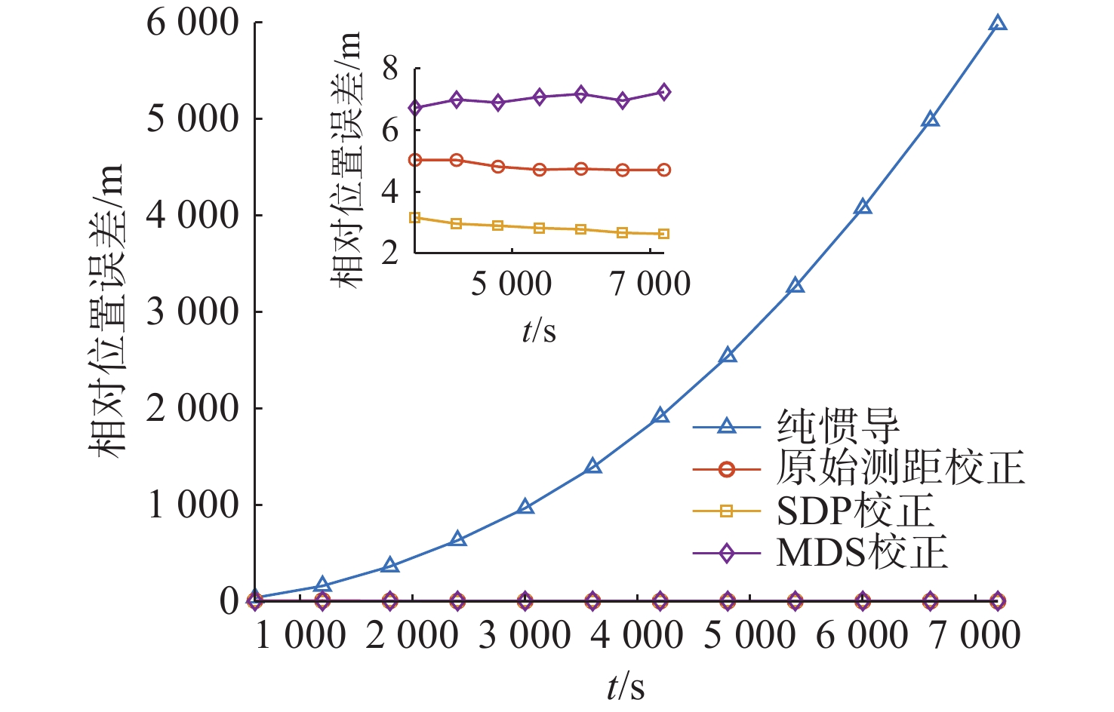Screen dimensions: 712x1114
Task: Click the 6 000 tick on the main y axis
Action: (x=192, y=23)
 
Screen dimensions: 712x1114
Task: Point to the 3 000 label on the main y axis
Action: (x=192, y=311)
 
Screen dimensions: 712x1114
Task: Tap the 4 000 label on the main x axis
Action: (x=636, y=635)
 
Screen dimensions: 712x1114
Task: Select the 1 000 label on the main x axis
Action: (x=300, y=635)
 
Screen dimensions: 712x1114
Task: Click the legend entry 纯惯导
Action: (x=838, y=427)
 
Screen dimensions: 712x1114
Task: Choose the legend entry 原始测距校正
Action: (x=900, y=468)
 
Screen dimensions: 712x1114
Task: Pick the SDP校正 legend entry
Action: (x=855, y=511)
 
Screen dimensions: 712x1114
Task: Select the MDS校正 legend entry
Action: (x=862, y=554)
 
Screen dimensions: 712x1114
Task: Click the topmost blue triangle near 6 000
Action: (x=998, y=23)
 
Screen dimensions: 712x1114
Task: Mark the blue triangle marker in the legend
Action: (x=726, y=427)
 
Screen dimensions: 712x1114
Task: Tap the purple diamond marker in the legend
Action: (x=726, y=554)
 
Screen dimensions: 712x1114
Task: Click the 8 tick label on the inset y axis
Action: (x=390, y=69)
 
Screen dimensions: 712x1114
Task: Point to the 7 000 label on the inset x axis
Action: (x=650, y=284)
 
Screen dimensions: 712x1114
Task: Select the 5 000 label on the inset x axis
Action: (x=511, y=284)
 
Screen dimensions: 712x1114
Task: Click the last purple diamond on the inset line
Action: (x=663, y=92)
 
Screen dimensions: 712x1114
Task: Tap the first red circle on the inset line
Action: (x=415, y=160)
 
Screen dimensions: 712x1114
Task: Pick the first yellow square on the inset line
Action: (x=415, y=218)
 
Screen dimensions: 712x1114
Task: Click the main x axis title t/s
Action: (x=626, y=687)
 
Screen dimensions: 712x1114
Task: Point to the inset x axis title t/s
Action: (x=539, y=330)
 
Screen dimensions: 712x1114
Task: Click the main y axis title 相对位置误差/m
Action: (x=106, y=311)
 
